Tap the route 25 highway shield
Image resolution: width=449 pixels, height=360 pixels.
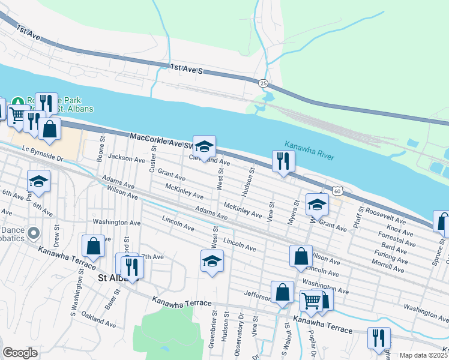tap(264, 82)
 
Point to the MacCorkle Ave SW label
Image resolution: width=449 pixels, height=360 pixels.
tap(161, 140)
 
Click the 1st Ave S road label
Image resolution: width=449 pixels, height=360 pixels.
tap(187, 70)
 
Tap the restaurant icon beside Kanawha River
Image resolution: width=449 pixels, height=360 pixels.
tap(282, 161)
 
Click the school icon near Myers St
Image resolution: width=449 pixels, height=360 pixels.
tap(316, 205)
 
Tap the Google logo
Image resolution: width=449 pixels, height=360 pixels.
tap(20, 353)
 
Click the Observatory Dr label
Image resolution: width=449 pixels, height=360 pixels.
tap(241, 334)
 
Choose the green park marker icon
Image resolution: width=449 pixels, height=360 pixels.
tap(17, 102)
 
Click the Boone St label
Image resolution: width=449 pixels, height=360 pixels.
tap(101, 150)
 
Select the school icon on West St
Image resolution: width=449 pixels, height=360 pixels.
tap(212, 262)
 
